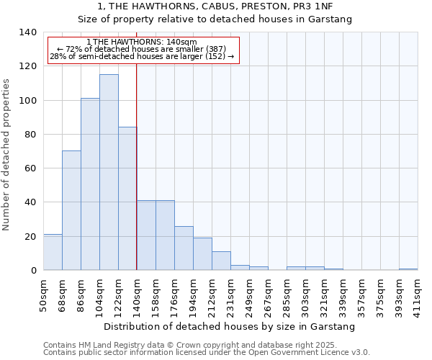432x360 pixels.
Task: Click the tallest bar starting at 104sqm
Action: tap(109, 172)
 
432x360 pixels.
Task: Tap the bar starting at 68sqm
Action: tap(71, 210)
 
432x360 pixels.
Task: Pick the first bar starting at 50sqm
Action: tap(53, 252)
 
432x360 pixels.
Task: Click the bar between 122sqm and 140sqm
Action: tap(127, 199)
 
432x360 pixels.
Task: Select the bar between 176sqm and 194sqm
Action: tap(184, 248)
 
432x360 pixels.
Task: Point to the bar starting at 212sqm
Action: tap(221, 261)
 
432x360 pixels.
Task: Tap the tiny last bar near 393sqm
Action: tap(408, 269)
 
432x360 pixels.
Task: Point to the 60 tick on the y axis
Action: tap(30, 168)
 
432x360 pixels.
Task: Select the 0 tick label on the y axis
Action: tap(33, 271)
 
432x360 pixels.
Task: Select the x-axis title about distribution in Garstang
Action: tap(230, 327)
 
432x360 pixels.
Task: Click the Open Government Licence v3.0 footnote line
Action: tap(207, 353)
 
